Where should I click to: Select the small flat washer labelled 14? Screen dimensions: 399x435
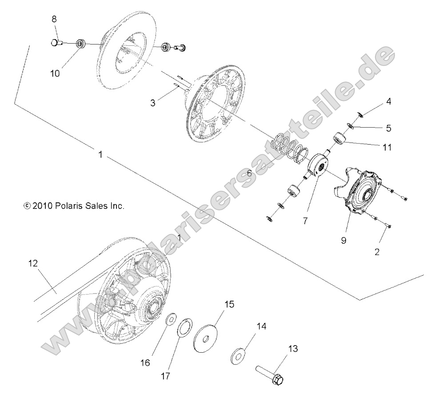click(x=239, y=357)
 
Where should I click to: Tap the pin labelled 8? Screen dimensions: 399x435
click(x=55, y=43)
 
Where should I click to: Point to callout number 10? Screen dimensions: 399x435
click(x=55, y=73)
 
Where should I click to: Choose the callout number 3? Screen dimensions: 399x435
click(x=152, y=103)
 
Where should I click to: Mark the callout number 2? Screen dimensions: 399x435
click(x=377, y=252)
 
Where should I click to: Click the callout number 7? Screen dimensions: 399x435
click(x=305, y=220)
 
